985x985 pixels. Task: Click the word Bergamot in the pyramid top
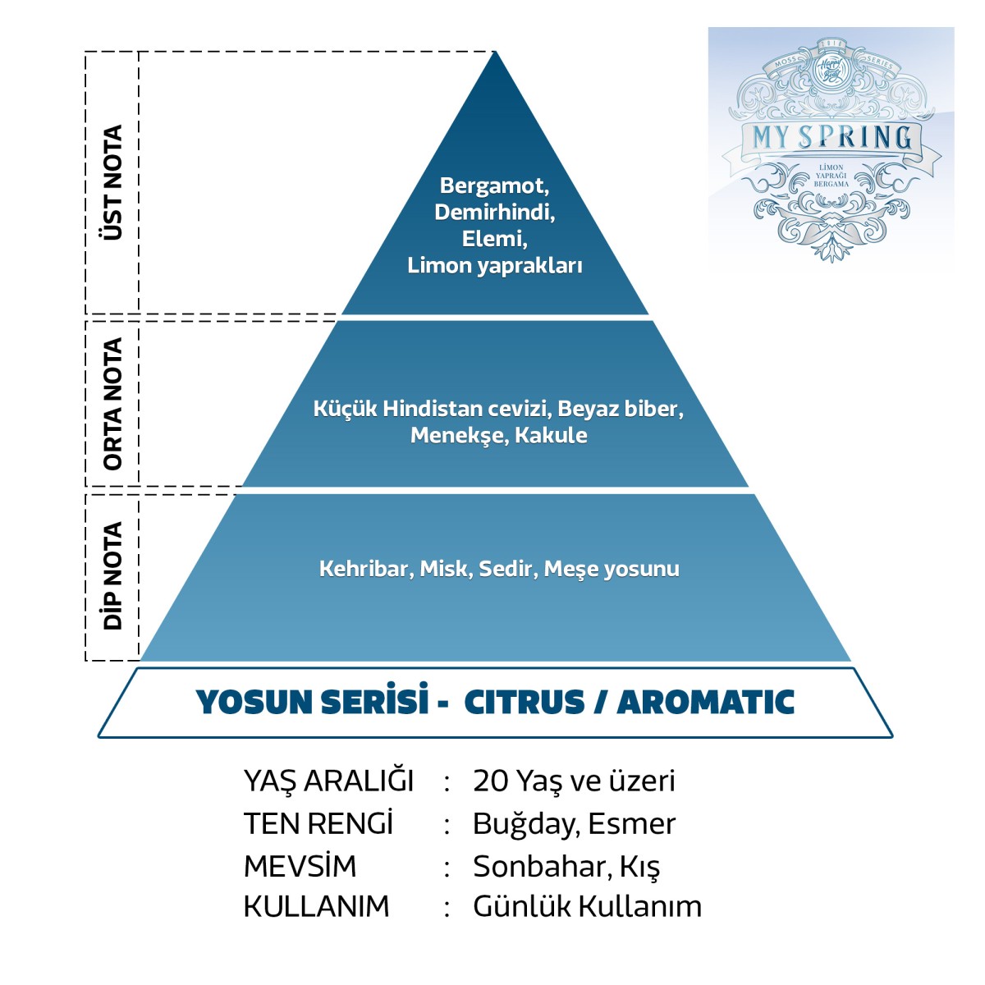click(x=492, y=186)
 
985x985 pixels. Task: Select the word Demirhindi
click(x=494, y=212)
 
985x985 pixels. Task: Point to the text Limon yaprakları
click(x=494, y=265)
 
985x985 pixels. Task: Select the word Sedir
click(x=505, y=568)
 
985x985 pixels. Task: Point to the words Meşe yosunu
click(x=612, y=568)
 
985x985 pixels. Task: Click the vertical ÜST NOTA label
click(x=112, y=182)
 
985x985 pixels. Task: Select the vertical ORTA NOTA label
click(x=112, y=403)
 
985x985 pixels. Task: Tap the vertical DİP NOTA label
click(x=112, y=575)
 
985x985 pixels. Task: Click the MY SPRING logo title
click(x=831, y=137)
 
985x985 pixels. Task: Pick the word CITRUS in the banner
click(x=525, y=703)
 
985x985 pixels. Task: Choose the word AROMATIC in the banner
click(x=705, y=703)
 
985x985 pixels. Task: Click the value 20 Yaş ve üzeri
click(x=574, y=781)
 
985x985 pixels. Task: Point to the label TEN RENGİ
click(x=318, y=823)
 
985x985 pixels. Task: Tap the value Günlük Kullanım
click(x=587, y=906)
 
